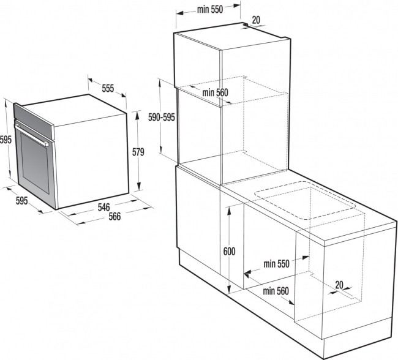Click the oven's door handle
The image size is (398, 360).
[34, 134]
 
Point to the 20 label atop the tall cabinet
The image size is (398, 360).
[255, 20]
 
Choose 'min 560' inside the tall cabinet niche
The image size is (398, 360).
[214, 92]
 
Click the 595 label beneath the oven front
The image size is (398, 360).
[21, 200]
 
